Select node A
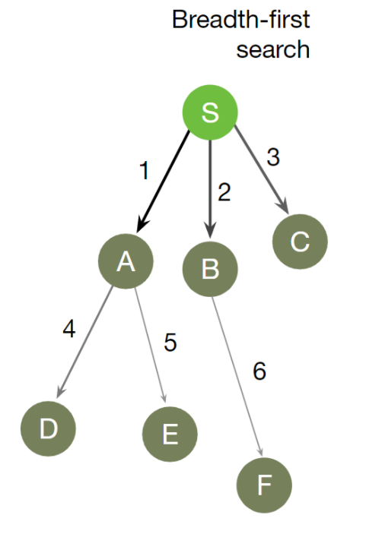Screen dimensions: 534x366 tap(126, 261)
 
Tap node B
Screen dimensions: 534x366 tap(211, 269)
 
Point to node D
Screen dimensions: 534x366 tap(48, 428)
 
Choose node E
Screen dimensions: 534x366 tap(170, 434)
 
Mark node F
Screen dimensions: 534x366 tap(264, 485)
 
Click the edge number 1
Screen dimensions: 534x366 tap(144, 172)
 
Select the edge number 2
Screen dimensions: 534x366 tap(223, 193)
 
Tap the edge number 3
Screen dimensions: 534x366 tap(273, 158)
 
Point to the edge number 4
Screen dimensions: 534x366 tap(69, 331)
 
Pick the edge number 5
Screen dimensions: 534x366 tap(170, 343)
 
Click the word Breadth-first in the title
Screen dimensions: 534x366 tap(240, 19)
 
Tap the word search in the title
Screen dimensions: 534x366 tap(272, 49)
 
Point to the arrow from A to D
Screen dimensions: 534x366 tap(86, 342)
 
